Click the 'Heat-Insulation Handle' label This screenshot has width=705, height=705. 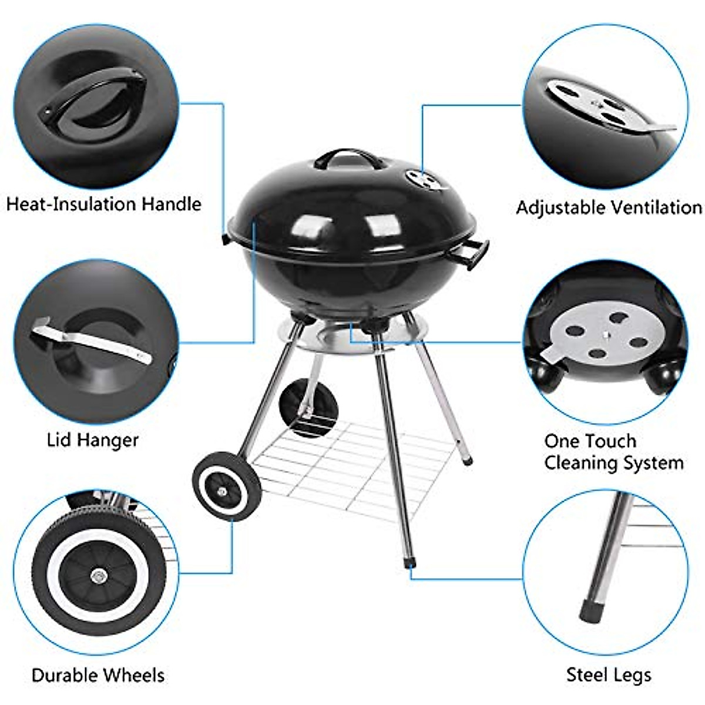(103, 204)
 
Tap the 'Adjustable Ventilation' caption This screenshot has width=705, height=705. (609, 207)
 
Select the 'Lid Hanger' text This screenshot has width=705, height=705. (92, 439)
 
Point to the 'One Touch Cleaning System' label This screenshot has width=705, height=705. (613, 452)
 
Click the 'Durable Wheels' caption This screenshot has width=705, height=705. (98, 674)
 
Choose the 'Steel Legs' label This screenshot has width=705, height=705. (609, 674)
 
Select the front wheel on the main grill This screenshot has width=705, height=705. (226, 483)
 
